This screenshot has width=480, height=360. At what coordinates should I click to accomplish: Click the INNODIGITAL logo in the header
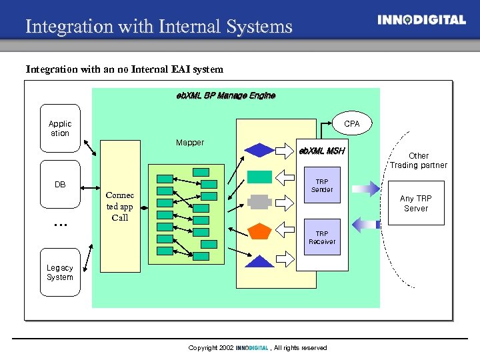421,20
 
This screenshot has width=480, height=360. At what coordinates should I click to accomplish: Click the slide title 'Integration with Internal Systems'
159,27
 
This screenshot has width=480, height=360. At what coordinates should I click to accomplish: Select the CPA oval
351,124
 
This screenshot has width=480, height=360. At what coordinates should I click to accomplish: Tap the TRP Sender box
322,185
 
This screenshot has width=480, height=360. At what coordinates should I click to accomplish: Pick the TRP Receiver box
322,237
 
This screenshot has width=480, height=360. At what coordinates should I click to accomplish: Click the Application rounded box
60,129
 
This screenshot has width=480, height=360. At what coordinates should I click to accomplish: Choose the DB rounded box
60,185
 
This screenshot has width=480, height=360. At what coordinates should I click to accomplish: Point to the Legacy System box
60,273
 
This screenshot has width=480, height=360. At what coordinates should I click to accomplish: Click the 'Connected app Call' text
120,207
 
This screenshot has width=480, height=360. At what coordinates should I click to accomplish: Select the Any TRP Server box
415,203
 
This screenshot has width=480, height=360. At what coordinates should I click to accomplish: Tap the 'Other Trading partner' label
418,161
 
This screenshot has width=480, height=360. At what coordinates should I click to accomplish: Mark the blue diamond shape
259,150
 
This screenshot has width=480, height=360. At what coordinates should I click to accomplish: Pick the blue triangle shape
259,261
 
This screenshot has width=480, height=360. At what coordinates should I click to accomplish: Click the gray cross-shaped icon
259,202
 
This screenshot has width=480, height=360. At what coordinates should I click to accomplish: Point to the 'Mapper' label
190,143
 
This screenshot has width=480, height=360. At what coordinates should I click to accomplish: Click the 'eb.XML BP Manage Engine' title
225,95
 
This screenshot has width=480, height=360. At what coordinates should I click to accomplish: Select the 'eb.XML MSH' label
321,151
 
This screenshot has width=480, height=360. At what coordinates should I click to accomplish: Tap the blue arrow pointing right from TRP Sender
365,189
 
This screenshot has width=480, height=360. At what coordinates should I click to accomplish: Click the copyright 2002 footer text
257,348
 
